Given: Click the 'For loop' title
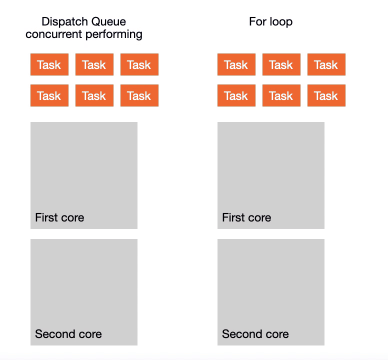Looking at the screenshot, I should click(270, 21).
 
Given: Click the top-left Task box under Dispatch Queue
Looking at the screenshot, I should click(49, 64).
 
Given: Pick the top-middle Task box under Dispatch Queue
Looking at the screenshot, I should click(94, 64).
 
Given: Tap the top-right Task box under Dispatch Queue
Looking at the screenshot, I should click(139, 64).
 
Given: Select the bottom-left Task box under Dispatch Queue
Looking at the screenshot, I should click(49, 95).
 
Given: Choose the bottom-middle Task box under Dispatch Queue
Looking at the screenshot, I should click(94, 95).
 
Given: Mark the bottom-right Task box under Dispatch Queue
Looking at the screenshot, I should click(139, 95).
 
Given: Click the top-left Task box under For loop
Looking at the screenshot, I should click(236, 64).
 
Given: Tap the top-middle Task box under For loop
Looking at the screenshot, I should click(281, 64).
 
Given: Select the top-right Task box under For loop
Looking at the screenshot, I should click(326, 64).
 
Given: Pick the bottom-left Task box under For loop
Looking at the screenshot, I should click(236, 95).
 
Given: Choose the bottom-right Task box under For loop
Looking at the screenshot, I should click(326, 95).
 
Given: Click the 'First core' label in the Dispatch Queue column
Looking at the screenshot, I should click(59, 217).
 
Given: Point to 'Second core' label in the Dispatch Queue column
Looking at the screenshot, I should click(68, 334).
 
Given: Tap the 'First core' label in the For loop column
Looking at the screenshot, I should click(246, 217).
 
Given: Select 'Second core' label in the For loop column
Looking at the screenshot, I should click(255, 334).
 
